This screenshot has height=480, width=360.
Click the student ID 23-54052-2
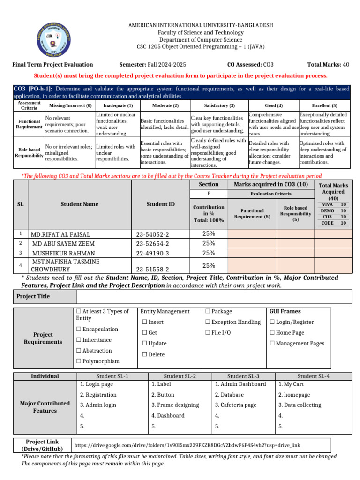point(152,234)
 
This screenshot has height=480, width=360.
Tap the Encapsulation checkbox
point(79,330)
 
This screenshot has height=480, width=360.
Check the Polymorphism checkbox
point(79,361)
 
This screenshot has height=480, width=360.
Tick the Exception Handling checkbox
point(208,322)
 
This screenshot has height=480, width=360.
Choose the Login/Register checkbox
point(273,322)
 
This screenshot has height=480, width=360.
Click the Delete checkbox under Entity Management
point(144,354)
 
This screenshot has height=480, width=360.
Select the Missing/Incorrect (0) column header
point(70,105)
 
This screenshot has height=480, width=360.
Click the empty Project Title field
point(214,296)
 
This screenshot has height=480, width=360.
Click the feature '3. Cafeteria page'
point(235,405)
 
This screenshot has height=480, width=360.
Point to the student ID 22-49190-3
point(152,253)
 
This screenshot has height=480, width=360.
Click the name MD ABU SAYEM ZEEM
point(63,244)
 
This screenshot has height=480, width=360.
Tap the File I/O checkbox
point(208,333)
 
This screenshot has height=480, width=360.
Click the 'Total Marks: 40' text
point(328,65)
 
